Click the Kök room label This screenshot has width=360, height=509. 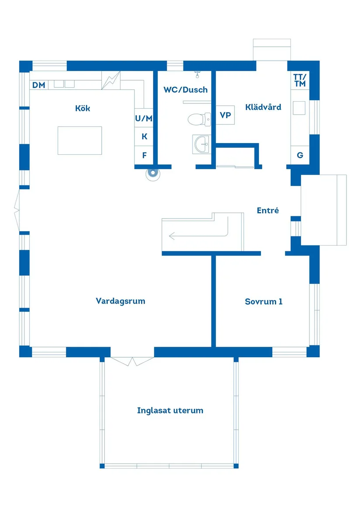click(x=82, y=108)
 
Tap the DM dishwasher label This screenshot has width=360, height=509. click(x=39, y=85)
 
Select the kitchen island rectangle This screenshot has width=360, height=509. click(x=80, y=140)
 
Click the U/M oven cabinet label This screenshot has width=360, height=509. click(x=144, y=118)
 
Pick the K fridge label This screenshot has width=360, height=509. click(x=144, y=137)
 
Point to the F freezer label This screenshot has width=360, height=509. click(x=144, y=155)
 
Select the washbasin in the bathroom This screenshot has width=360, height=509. click(x=201, y=143)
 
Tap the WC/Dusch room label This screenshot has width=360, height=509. click(x=185, y=90)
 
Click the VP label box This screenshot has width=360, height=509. click(x=225, y=116)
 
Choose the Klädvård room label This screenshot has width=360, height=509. click(x=263, y=107)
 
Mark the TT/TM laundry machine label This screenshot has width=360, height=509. click(x=300, y=80)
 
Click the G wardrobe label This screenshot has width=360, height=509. click(x=300, y=155)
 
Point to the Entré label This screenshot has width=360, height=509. click(x=267, y=210)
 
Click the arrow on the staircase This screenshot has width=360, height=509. click(x=199, y=236)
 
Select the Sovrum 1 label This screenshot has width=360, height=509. click(x=264, y=301)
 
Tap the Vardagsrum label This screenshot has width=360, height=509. click(x=120, y=301)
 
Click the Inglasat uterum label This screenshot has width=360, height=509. click(x=170, y=410)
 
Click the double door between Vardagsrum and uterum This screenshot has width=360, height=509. click(x=132, y=361)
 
